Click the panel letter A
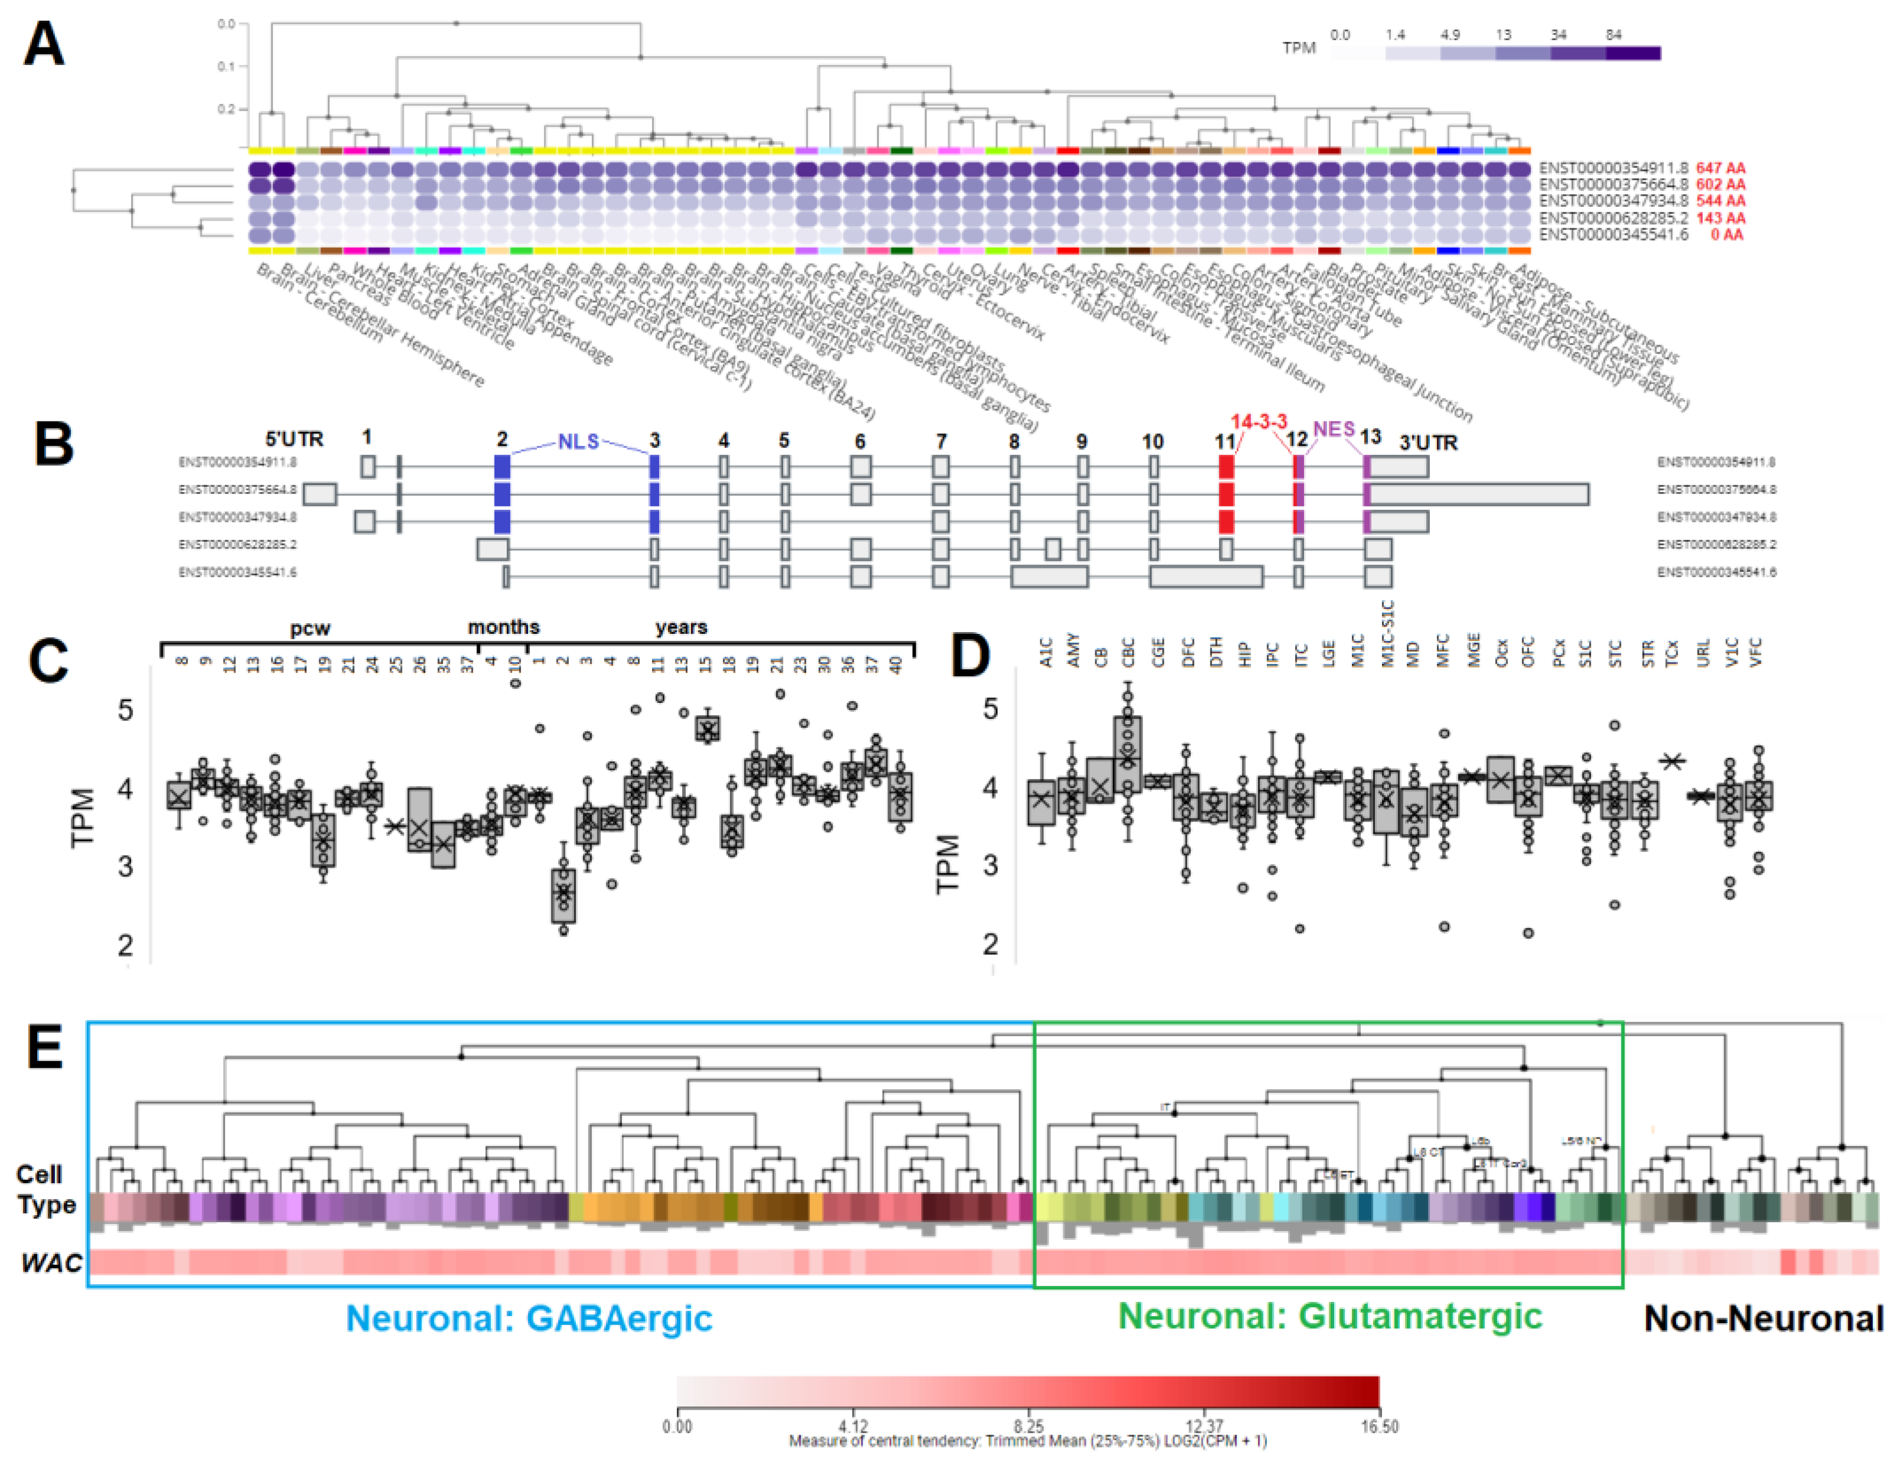click(x=43, y=44)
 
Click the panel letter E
click(x=45, y=1049)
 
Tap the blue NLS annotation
click(x=578, y=441)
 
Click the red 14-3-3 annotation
click(x=1259, y=422)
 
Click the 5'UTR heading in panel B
click(x=294, y=440)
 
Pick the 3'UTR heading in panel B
click(x=1429, y=443)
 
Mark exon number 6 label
click(x=860, y=441)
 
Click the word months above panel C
click(x=503, y=627)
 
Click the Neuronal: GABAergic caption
click(x=529, y=1318)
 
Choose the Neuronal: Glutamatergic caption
click(x=1329, y=1315)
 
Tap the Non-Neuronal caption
click(x=1763, y=1318)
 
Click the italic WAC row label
click(x=51, y=1263)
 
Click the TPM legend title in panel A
click(x=1298, y=48)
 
